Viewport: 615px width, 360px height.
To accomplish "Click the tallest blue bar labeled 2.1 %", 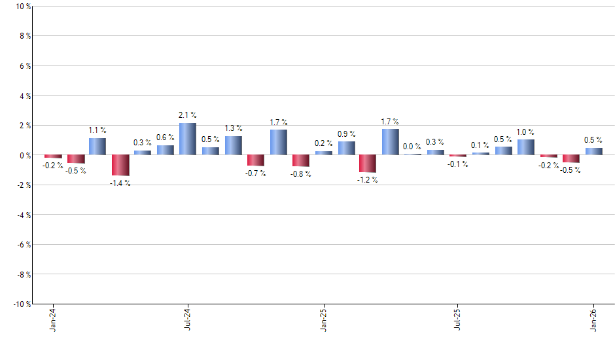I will point(188,139).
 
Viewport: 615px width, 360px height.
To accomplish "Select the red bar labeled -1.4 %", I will point(120,165).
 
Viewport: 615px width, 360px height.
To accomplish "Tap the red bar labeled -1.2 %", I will point(368,164).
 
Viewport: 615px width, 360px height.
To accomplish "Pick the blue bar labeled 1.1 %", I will point(97,147).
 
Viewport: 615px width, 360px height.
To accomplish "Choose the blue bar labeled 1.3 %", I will point(233,145).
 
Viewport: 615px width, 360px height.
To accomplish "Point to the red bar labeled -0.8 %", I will point(300,160).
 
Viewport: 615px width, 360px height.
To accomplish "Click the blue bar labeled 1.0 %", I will point(525,147).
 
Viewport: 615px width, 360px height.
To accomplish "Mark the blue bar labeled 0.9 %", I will point(346,148).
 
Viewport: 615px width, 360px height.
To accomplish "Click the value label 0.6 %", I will point(165,137).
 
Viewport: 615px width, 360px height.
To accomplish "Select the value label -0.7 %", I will point(256,173).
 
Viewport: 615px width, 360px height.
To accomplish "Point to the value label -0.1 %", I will point(458,164).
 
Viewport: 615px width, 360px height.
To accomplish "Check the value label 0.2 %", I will point(323,143).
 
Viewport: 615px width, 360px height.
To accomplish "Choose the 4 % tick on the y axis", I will point(23,96).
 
